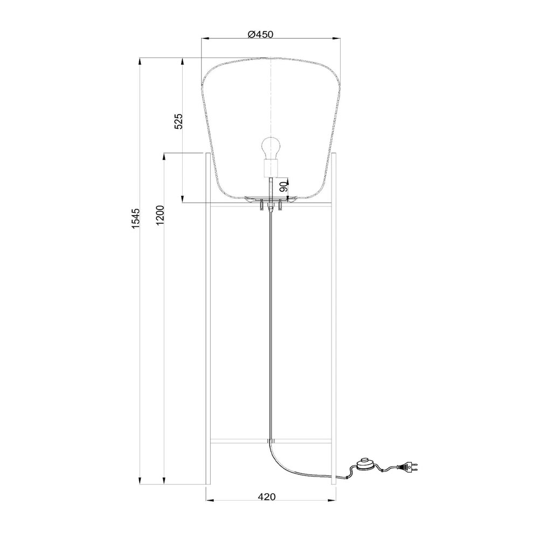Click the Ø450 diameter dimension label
point(260,34)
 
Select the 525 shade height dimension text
point(179,121)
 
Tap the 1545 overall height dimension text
point(136,218)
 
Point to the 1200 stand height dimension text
point(161,216)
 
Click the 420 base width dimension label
point(267,497)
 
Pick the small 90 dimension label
point(283,187)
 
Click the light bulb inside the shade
point(271,148)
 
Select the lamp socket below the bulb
point(271,168)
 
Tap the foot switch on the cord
point(365,465)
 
